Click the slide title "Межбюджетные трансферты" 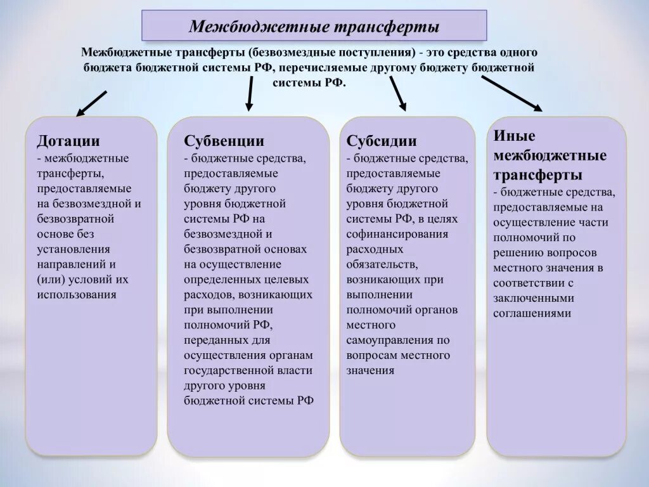[x=314, y=27]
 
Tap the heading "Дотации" [x=68, y=141]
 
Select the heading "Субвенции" [x=224, y=141]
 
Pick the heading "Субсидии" [x=382, y=141]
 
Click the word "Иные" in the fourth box [x=514, y=136]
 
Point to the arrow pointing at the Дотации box [x=91, y=103]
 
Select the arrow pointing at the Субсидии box [x=397, y=94]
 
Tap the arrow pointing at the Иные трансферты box [x=511, y=93]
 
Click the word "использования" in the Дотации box [x=77, y=294]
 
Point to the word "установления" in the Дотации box [x=74, y=249]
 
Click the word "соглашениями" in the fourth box [x=532, y=313]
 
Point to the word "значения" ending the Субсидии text [x=370, y=370]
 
